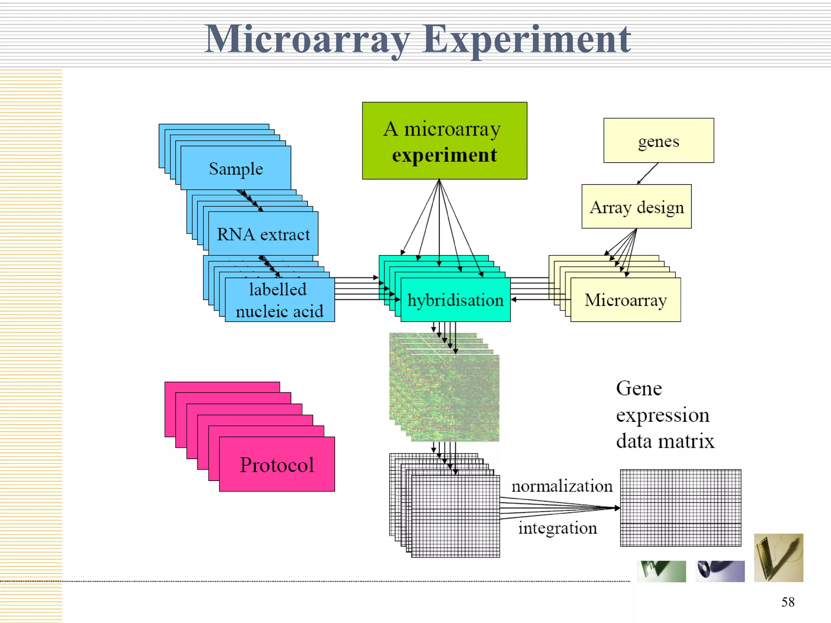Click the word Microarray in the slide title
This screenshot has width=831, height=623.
307,40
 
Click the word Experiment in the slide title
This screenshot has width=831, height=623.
526,40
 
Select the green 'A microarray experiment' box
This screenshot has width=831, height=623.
444,141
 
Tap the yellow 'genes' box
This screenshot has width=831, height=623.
659,141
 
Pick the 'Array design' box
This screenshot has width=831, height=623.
636,207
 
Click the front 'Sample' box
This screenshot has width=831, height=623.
236,168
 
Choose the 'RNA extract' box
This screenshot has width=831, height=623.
263,234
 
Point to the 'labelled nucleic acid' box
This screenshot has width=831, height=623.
280,300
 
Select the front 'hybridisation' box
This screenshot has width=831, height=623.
455,300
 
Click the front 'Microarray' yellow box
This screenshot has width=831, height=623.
625,300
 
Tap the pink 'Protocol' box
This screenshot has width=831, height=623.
277,464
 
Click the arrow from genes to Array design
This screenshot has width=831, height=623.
648,174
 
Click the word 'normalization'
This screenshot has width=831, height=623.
562,486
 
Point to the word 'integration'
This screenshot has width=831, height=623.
558,528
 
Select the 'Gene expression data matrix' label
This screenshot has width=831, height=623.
665,415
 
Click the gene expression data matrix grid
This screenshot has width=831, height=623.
680,508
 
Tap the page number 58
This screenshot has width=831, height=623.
788,602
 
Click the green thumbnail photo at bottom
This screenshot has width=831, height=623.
661,571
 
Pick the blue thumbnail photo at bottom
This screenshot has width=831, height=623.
720,571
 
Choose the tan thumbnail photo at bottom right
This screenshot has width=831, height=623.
778,558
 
